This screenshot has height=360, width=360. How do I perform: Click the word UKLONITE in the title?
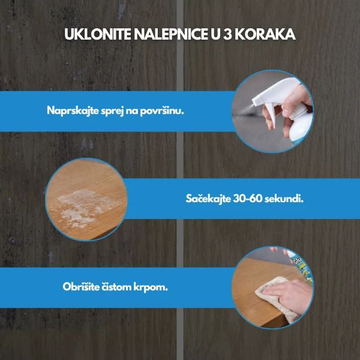(98, 34)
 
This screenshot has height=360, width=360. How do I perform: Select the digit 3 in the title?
(227, 34)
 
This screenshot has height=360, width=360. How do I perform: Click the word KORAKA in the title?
(265, 34)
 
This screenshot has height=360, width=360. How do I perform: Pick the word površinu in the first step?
(162, 111)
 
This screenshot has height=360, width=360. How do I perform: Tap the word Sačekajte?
(208, 199)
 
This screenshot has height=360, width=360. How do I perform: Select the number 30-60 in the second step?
(247, 199)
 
